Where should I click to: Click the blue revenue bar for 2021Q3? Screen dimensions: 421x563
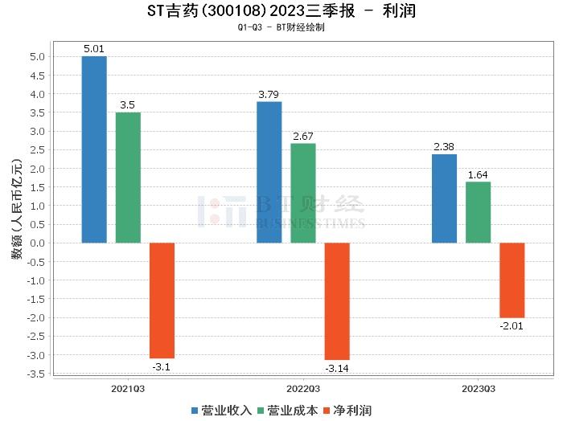tap(94, 149)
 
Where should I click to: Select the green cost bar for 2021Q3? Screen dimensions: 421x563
tap(128, 178)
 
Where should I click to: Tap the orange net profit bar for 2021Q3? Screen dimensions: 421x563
tap(162, 300)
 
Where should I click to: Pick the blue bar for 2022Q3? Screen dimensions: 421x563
tap(269, 172)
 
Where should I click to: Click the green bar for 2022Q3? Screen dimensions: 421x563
tap(303, 193)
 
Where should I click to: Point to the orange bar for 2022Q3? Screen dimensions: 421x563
tap(337, 301)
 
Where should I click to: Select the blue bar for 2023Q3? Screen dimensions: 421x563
tap(444, 198)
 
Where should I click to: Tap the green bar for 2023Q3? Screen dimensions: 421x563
tap(478, 212)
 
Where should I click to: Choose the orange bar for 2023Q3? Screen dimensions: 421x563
tap(512, 280)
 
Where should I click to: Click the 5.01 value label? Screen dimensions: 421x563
tap(94, 49)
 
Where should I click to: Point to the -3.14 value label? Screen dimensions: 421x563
tap(337, 369)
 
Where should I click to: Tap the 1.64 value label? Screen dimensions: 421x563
tap(478, 174)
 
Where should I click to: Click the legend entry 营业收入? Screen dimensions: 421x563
tap(221, 410)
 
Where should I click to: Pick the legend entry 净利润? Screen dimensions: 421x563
tap(347, 410)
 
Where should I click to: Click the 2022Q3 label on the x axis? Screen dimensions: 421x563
tap(302, 387)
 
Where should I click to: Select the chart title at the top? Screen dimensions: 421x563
tap(281, 11)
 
